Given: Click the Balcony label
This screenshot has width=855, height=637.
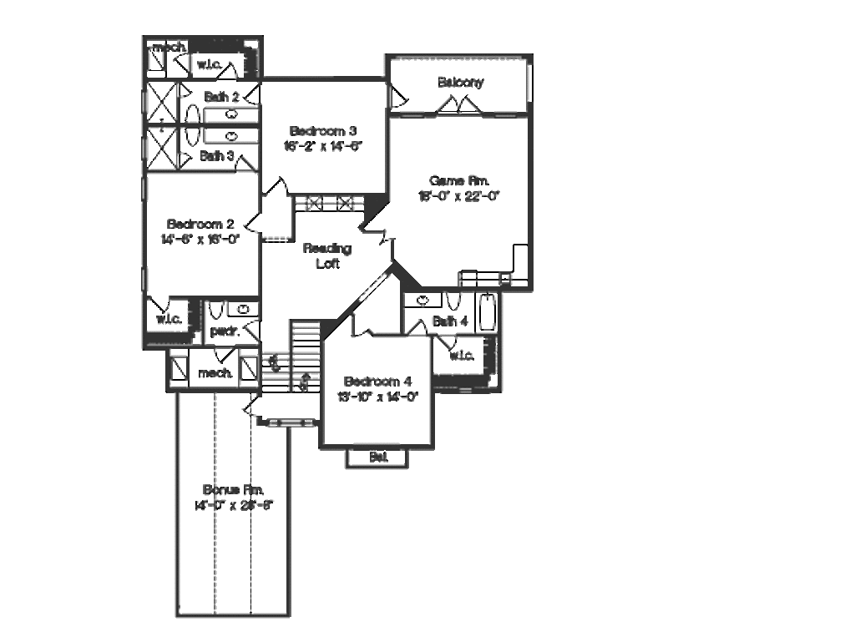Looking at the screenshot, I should pyautogui.click(x=460, y=83).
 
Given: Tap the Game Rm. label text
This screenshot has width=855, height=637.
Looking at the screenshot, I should pyautogui.click(x=458, y=180).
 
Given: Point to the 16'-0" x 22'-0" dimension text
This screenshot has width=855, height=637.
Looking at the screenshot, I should pyautogui.click(x=458, y=196).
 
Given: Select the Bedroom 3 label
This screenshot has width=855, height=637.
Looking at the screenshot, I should pyautogui.click(x=323, y=130).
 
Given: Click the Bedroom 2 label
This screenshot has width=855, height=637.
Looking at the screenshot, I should pyautogui.click(x=200, y=224).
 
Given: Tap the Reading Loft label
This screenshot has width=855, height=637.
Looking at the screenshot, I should pyautogui.click(x=326, y=255).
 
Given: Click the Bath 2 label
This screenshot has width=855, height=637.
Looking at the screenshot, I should pyautogui.click(x=221, y=98).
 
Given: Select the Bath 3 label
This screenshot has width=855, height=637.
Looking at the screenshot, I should pyautogui.click(x=216, y=156).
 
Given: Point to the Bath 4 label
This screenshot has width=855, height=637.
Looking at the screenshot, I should pyautogui.click(x=450, y=321).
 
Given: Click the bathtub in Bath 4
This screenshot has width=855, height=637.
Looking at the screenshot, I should pyautogui.click(x=486, y=312).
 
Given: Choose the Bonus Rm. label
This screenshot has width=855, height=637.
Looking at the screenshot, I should pyautogui.click(x=234, y=489).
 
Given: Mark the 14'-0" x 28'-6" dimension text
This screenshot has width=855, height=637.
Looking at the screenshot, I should pyautogui.click(x=234, y=505).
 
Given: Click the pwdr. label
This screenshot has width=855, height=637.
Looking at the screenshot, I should pyautogui.click(x=225, y=331).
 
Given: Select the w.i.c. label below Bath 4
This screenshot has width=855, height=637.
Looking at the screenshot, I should pyautogui.click(x=461, y=356).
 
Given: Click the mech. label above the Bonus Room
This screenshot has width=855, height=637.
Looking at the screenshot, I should pyautogui.click(x=215, y=372).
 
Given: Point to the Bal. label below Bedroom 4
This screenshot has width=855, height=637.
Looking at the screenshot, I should pyautogui.click(x=377, y=457).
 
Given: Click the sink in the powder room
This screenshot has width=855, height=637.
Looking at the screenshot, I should pyautogui.click(x=243, y=310).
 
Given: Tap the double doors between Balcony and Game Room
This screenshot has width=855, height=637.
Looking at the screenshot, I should pyautogui.click(x=458, y=105).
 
